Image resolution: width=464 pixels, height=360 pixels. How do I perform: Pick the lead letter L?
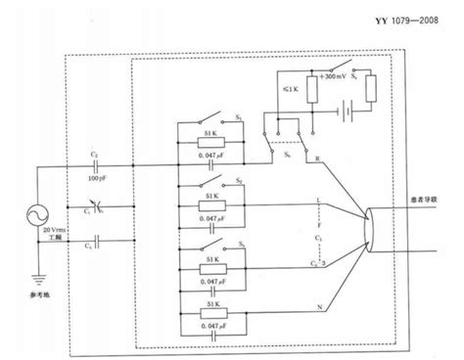point(320,200)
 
